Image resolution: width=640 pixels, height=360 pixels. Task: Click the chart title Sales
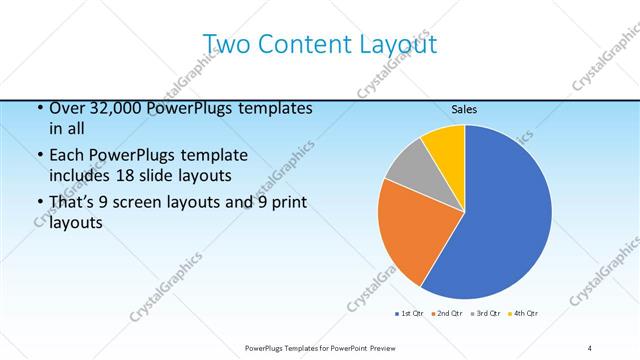(464, 109)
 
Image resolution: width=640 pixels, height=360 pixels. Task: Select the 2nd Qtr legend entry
(446, 314)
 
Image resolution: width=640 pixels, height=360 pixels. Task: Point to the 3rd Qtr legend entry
(486, 314)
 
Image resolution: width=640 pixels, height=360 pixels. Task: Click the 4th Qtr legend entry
(524, 314)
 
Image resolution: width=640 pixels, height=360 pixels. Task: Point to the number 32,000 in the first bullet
(112, 108)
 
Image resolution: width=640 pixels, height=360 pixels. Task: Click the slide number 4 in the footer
(589, 348)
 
